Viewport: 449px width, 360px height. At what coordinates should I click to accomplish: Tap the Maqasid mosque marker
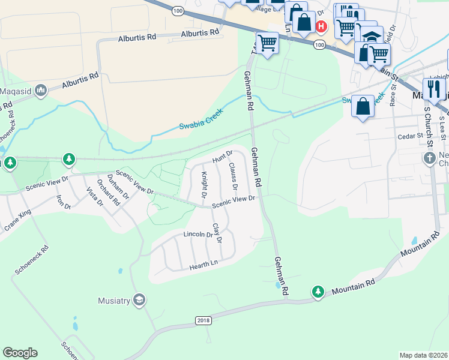pos(41,91)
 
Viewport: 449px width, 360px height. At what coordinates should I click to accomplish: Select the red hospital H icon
pos(321,26)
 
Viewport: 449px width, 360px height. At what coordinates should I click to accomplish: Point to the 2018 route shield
pos(204,321)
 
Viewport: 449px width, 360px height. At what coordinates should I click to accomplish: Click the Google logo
pos(20,353)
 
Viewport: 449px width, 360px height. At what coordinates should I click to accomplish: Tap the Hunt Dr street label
pos(222,158)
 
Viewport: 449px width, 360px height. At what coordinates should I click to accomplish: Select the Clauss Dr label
pos(232,176)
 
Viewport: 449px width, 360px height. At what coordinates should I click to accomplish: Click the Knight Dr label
pos(204,185)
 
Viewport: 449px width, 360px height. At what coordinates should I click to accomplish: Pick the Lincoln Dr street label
pos(198,234)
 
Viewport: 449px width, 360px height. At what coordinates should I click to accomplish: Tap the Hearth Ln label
pos(203,265)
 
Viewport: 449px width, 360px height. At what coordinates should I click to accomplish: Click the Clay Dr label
pos(217,233)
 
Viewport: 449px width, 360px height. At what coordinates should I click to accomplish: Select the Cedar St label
pos(411,136)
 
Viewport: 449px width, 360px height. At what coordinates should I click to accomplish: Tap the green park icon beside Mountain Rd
pos(318,292)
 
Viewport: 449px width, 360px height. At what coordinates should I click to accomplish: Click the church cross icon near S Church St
pos(429,159)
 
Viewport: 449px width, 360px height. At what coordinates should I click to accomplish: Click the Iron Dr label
pos(63,202)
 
